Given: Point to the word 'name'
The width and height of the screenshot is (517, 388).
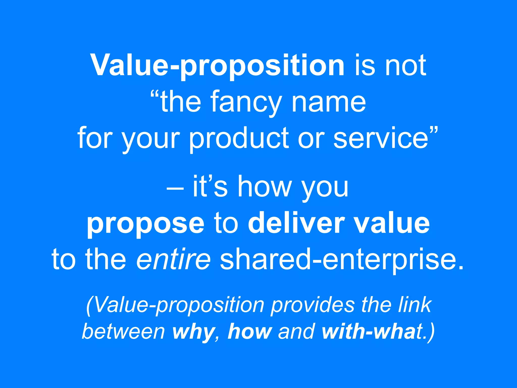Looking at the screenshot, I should pyautogui.click(x=328, y=103).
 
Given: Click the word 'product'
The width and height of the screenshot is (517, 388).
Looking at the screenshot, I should pyautogui.click(x=239, y=138).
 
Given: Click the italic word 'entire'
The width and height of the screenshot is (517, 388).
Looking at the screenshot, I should pyautogui.click(x=173, y=259).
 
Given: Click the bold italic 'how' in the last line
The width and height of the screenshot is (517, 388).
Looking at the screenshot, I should pyautogui.click(x=250, y=331).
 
